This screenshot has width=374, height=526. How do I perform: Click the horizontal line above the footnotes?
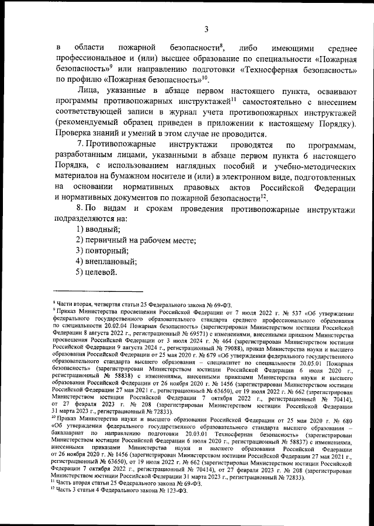(x=98, y=291)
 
